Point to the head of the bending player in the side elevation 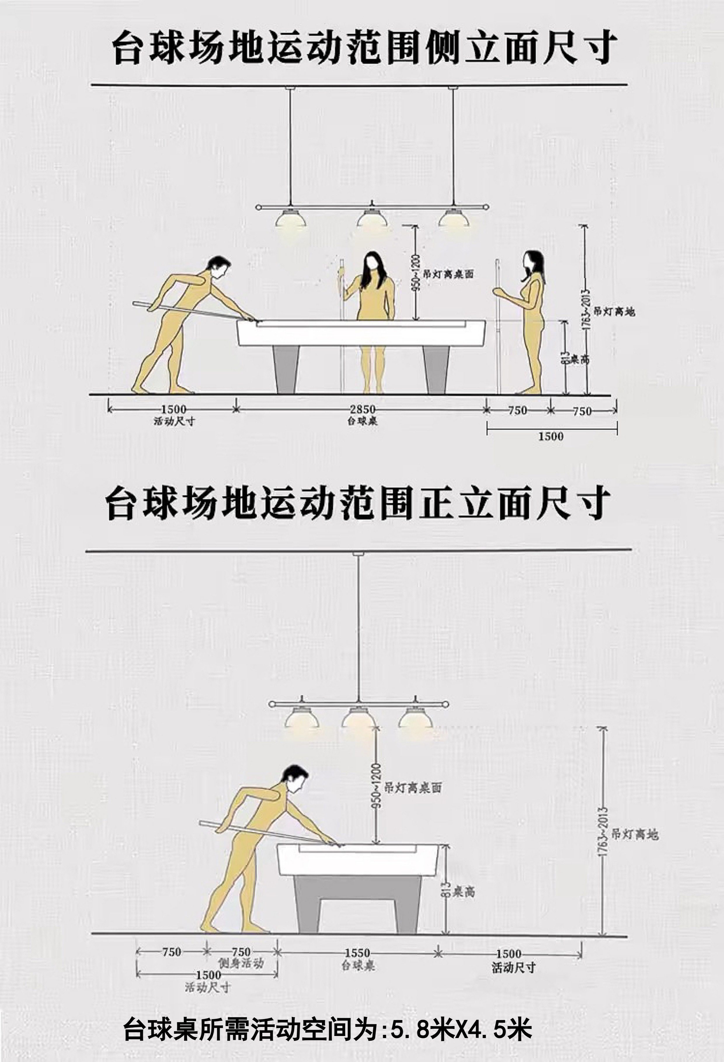tap(217, 268)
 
